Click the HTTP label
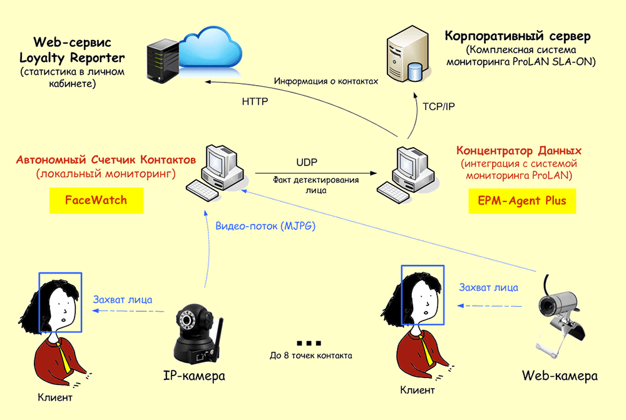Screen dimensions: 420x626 (x=255, y=101)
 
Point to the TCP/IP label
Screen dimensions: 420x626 (x=438, y=106)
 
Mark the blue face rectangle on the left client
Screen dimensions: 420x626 (x=60, y=302)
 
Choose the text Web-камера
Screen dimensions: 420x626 (x=559, y=376)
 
